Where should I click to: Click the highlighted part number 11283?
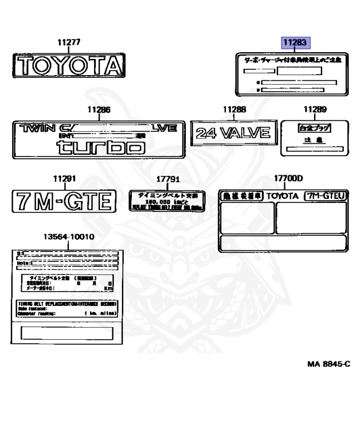(295, 42)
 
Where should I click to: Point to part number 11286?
(99, 109)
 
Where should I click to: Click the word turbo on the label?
(100, 148)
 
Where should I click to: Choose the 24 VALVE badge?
(233, 133)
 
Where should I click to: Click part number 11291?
(64, 178)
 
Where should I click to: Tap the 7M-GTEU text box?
(326, 196)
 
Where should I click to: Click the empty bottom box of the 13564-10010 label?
(68, 333)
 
